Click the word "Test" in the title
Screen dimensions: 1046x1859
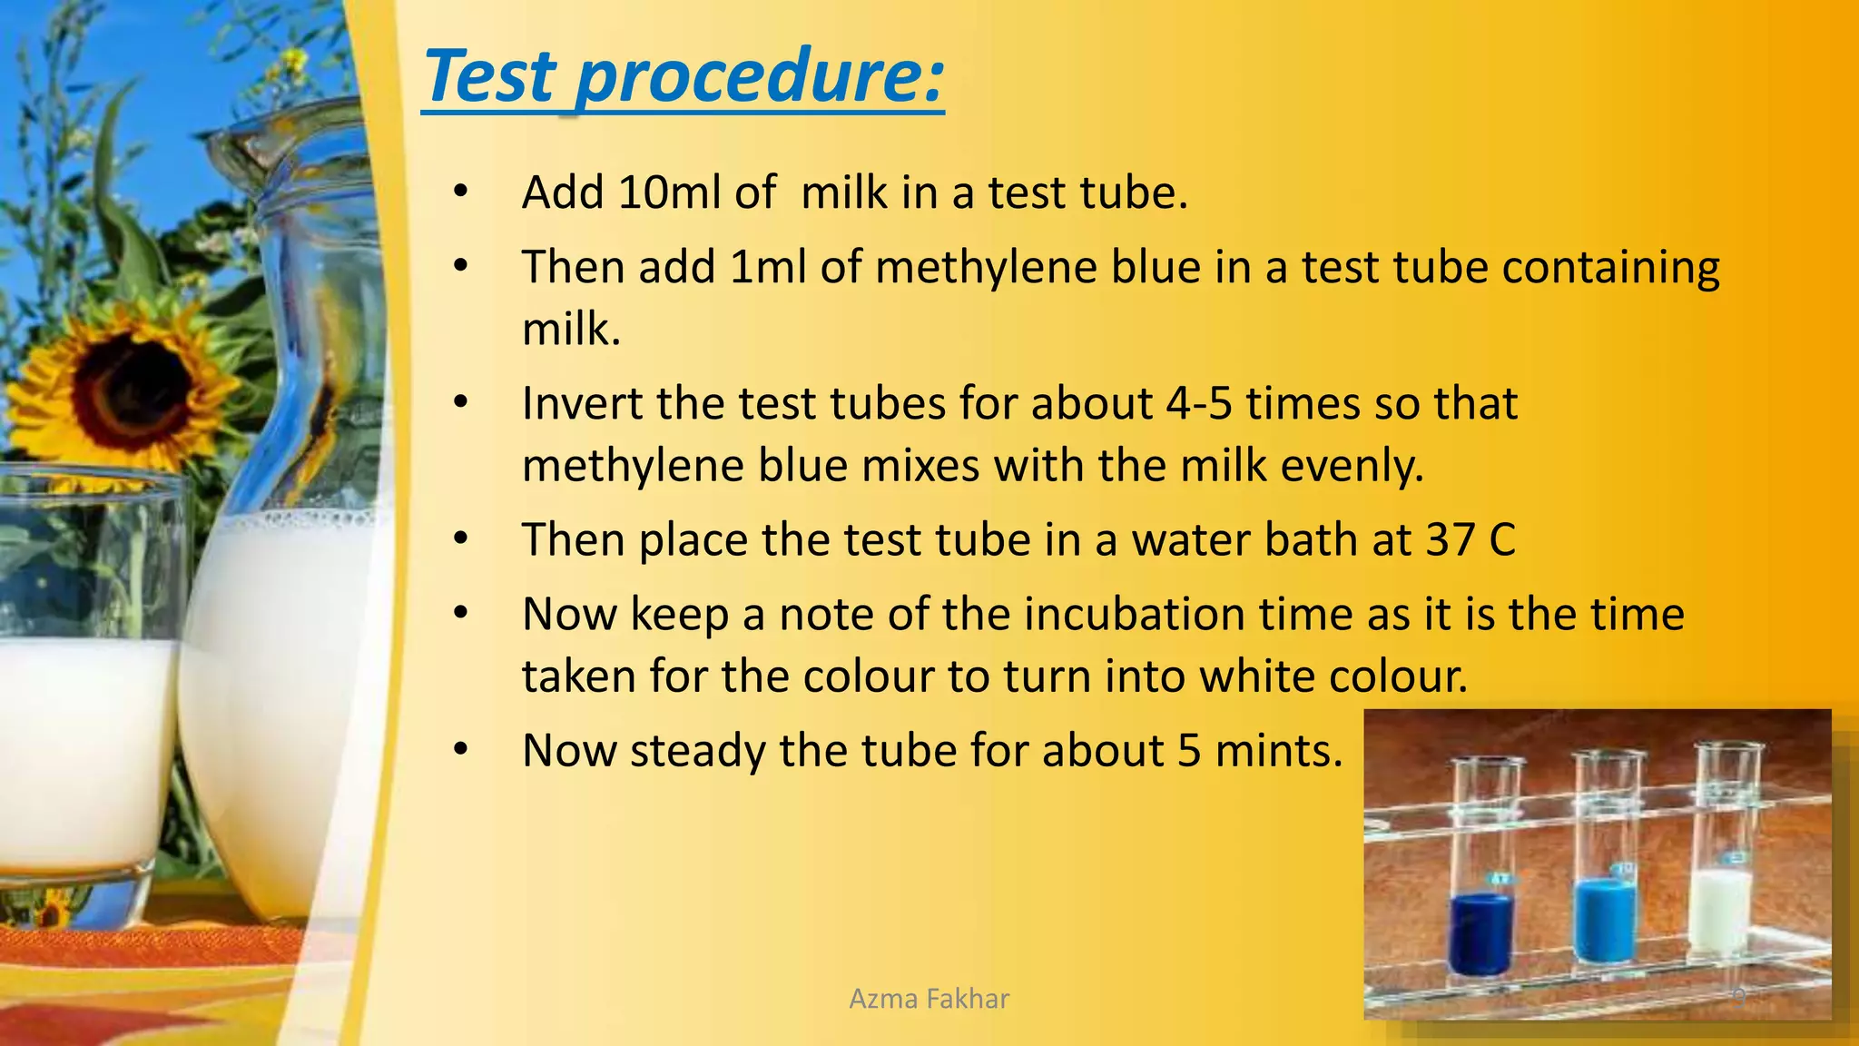(x=489, y=76)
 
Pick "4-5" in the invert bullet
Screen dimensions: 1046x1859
(x=1198, y=404)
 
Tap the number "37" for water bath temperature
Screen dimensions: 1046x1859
(x=1450, y=540)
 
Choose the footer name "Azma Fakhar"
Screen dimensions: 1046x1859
(x=929, y=999)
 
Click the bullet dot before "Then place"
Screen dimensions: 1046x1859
(x=461, y=540)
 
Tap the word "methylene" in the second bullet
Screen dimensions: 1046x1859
(x=986, y=269)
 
